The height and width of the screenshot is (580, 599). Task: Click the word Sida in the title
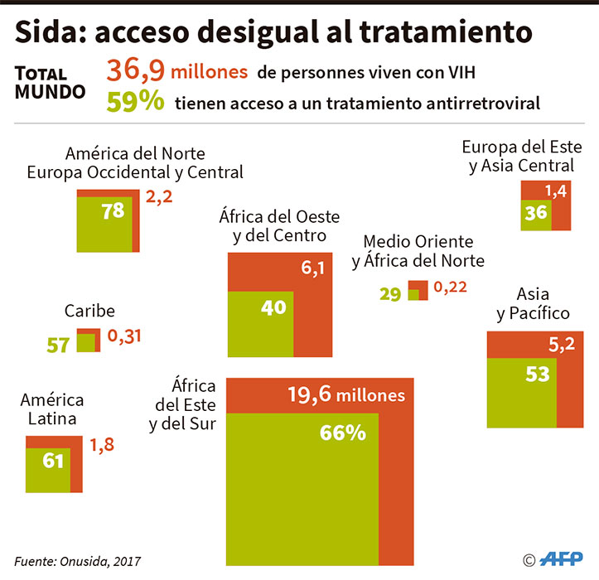(47, 32)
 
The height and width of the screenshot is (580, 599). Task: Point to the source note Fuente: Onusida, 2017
(72, 560)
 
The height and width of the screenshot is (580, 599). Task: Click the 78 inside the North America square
(113, 210)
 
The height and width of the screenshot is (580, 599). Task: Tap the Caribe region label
(89, 312)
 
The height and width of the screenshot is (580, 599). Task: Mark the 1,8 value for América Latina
(102, 446)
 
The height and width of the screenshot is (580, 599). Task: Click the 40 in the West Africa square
(273, 307)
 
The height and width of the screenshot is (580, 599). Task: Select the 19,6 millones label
(346, 394)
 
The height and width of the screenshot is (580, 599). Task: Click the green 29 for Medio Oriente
(390, 293)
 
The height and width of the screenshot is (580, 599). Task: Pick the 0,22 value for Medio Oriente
(450, 288)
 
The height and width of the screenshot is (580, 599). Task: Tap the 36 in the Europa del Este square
(536, 212)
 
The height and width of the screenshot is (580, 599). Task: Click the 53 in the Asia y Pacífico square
(538, 374)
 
